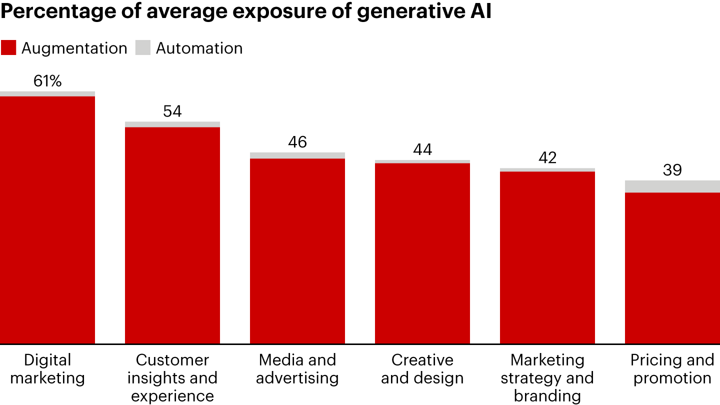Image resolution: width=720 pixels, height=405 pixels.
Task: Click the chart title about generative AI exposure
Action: tap(245, 12)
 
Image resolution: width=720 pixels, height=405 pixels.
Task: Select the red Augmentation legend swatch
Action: tap(8, 48)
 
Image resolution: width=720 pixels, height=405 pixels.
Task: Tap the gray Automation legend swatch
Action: tap(143, 48)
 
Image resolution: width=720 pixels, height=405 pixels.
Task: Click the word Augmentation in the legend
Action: tap(74, 48)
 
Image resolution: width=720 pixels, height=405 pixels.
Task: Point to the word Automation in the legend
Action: tap(199, 48)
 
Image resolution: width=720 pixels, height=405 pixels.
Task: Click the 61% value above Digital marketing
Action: tap(47, 81)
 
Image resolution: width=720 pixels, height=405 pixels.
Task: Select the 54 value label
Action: tap(172, 111)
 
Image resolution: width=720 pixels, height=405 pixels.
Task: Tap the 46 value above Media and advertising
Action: tap(297, 142)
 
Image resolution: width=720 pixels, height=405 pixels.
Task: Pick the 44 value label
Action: tap(422, 149)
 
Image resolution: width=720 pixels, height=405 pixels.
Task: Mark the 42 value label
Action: tap(547, 157)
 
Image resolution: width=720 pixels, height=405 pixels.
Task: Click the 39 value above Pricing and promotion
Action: tap(672, 170)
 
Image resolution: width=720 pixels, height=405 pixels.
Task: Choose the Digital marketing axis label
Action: tap(47, 368)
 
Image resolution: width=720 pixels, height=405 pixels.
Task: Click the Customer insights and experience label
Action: tap(172, 377)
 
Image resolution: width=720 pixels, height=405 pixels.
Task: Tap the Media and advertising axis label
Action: tap(297, 368)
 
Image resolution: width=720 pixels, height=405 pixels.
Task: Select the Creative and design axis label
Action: tap(422, 368)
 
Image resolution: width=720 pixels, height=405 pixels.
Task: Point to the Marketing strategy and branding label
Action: tap(547, 377)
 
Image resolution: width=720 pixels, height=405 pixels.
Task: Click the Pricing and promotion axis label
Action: tap(672, 368)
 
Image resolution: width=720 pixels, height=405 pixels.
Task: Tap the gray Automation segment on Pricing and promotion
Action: tap(672, 186)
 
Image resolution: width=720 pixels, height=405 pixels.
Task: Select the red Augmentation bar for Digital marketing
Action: tap(47, 220)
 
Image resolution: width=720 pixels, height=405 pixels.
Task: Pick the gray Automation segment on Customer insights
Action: tap(172, 124)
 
